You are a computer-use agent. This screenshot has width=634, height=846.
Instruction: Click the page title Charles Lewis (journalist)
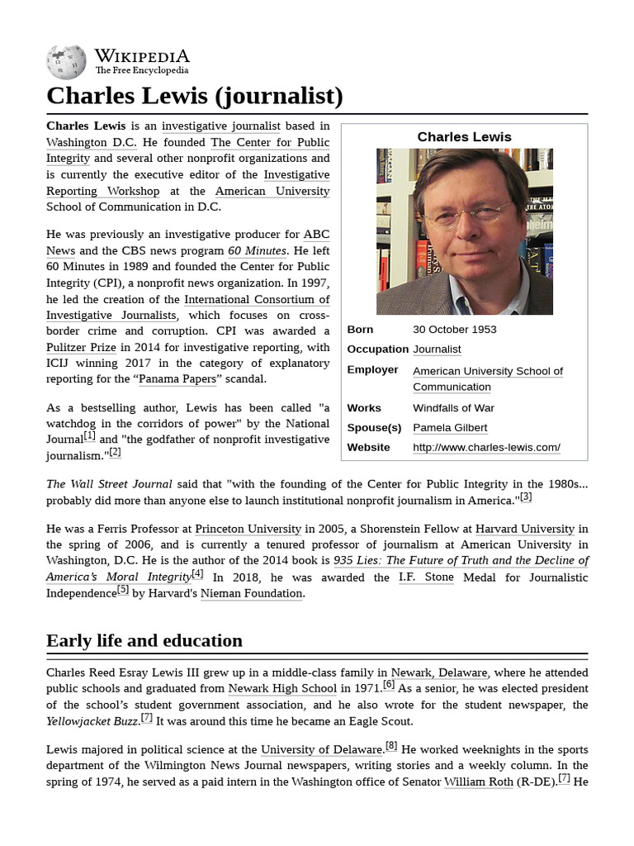click(x=194, y=96)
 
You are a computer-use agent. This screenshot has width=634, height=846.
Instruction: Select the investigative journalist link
click(x=220, y=126)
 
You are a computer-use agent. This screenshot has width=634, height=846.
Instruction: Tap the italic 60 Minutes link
click(x=257, y=250)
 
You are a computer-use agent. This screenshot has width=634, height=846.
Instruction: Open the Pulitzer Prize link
click(x=82, y=348)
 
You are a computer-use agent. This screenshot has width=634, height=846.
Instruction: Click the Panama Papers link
click(x=178, y=379)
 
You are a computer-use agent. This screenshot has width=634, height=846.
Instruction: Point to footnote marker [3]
click(x=525, y=497)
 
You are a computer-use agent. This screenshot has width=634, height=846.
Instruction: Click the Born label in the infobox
click(x=360, y=329)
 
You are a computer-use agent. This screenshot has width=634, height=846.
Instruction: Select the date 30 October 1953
click(x=454, y=329)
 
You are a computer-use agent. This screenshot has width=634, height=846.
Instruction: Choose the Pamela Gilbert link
click(x=450, y=427)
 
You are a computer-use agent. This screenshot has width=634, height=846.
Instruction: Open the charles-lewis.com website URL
click(x=486, y=447)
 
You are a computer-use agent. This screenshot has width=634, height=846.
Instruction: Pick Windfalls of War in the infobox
click(x=453, y=407)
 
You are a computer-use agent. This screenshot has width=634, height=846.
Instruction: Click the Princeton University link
click(x=248, y=529)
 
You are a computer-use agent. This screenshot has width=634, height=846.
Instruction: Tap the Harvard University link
click(x=524, y=529)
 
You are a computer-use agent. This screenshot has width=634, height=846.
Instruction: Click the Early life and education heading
click(x=144, y=640)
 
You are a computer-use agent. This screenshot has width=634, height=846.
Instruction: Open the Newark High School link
click(x=282, y=688)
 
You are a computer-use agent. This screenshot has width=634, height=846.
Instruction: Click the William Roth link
click(x=478, y=782)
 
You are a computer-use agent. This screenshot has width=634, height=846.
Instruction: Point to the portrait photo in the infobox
click(x=464, y=231)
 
